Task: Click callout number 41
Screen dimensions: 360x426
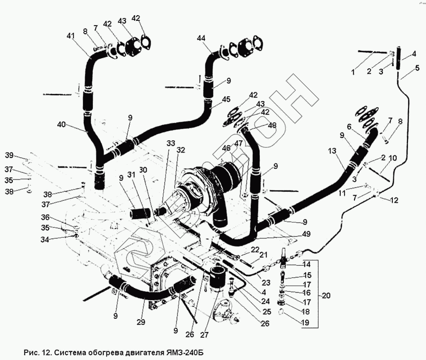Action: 71,36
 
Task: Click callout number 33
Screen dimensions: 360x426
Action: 170,143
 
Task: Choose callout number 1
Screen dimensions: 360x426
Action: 352,72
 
